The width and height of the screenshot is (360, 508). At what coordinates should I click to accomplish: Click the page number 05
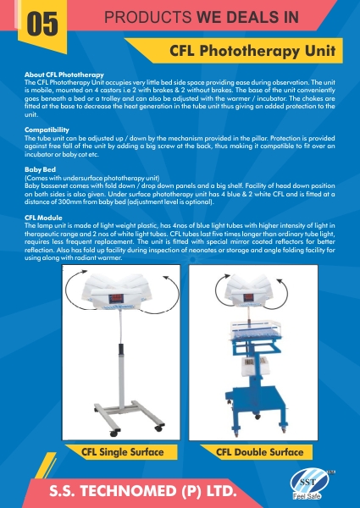pyautogui.click(x=42, y=24)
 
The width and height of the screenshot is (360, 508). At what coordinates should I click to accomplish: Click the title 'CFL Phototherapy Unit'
pyautogui.click(x=252, y=51)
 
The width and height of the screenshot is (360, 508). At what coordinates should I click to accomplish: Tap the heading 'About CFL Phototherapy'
pyautogui.click(x=64, y=75)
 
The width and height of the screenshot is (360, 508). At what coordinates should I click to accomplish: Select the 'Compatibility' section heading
pyautogui.click(x=47, y=130)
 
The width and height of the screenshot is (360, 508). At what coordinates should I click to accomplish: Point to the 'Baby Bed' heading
pyautogui.click(x=40, y=169)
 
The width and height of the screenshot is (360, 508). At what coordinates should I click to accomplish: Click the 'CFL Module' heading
pyautogui.click(x=43, y=218)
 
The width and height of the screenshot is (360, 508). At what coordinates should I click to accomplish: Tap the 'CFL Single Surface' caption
pyautogui.click(x=123, y=452)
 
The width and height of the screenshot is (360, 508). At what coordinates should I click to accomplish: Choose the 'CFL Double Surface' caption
pyautogui.click(x=259, y=452)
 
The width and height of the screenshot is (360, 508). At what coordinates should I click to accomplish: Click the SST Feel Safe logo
pyautogui.click(x=310, y=483)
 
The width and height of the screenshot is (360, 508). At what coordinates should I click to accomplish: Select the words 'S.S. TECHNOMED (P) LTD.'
pyautogui.click(x=143, y=491)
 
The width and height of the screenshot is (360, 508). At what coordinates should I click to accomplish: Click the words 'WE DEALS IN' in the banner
pyautogui.click(x=247, y=17)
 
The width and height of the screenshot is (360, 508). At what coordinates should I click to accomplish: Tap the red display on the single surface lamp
pyautogui.click(x=116, y=298)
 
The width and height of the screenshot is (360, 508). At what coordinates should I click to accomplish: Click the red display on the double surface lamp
pyautogui.click(x=248, y=297)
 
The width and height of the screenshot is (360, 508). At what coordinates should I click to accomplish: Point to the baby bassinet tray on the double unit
pyautogui.click(x=255, y=331)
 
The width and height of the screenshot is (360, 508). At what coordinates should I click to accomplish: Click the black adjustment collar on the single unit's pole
pyautogui.click(x=121, y=349)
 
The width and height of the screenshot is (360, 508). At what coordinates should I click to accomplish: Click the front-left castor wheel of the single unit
pyautogui.click(x=114, y=433)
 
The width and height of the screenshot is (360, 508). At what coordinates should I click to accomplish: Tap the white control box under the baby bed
pyautogui.click(x=255, y=366)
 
